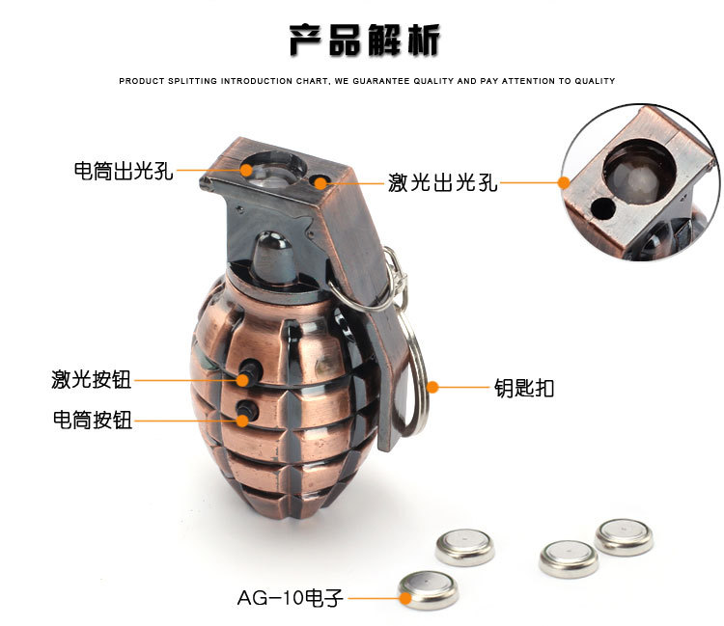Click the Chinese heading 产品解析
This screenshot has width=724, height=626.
click(x=365, y=40)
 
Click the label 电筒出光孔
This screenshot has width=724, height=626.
click(x=123, y=172)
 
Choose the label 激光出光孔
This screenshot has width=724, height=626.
click(x=443, y=181)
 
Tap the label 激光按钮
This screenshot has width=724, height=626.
click(x=91, y=379)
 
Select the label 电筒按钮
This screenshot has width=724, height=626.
click(x=91, y=420)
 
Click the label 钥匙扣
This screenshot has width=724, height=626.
click(x=524, y=388)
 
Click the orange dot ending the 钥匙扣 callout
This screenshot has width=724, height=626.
click(x=432, y=388)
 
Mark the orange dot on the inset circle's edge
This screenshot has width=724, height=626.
click(x=564, y=180)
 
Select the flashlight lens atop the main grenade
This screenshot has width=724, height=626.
click(x=273, y=170)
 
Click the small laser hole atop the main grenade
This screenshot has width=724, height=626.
click(x=320, y=180)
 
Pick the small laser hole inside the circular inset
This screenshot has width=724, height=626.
click(x=604, y=206)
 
